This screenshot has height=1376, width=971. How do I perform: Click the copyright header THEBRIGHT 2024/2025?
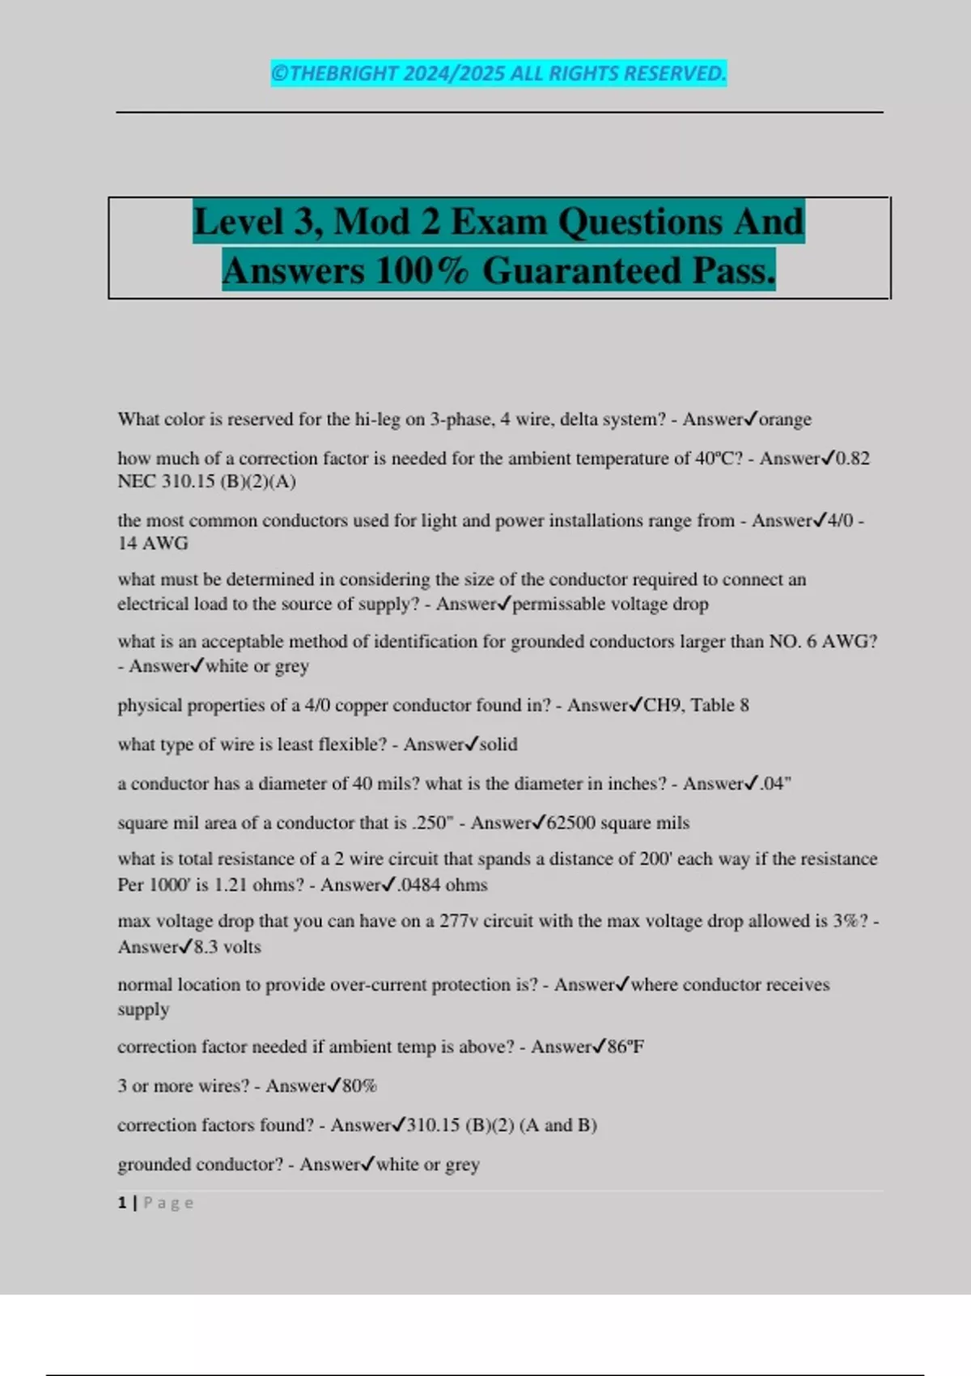pyautogui.click(x=498, y=74)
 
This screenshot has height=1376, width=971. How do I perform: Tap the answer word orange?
pyautogui.click(x=785, y=419)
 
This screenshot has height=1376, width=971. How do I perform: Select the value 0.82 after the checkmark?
pyautogui.click(x=853, y=458)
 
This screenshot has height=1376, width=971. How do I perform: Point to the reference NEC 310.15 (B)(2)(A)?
pyautogui.click(x=206, y=482)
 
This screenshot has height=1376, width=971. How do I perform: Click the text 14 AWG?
pyautogui.click(x=153, y=543)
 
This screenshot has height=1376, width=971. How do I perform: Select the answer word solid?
pyautogui.click(x=498, y=744)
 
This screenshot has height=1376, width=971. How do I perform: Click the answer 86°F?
pyautogui.click(x=625, y=1047)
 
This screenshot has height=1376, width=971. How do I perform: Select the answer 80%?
pyautogui.click(x=359, y=1086)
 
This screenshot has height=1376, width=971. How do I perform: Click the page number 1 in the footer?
pyautogui.click(x=122, y=1203)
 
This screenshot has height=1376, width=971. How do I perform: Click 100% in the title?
pyautogui.click(x=423, y=271)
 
